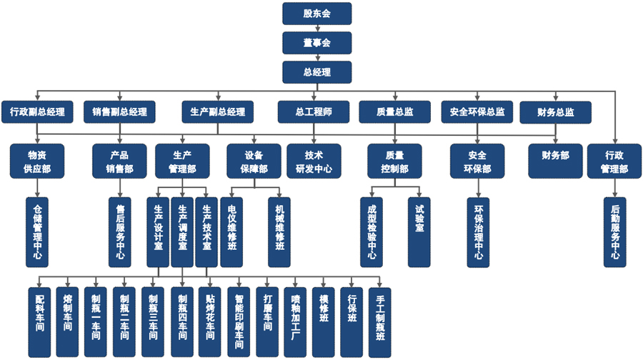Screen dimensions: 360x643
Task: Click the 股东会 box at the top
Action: tap(316, 13)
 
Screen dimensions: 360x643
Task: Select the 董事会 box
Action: tap(316, 43)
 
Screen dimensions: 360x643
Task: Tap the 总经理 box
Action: tap(316, 72)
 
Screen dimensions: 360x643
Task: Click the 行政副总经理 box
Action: tap(37, 111)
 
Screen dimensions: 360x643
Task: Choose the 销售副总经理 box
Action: tap(119, 111)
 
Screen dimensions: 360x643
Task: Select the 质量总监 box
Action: tap(395, 111)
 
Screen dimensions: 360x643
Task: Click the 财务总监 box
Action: tap(555, 111)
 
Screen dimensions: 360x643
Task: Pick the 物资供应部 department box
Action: tap(37, 161)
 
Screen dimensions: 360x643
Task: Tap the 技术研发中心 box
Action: tap(314, 161)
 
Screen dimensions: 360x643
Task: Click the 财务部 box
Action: tap(555, 156)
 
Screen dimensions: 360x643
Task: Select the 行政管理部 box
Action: tap(616, 161)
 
